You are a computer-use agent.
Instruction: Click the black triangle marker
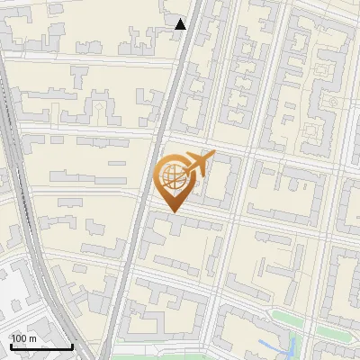pos(181,24)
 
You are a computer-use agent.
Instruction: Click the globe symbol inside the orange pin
pos(171,178)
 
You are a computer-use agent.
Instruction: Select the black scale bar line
pos(41,347)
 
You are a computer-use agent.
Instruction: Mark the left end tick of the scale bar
pos(11,346)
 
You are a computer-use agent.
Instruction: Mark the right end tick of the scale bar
pos(72,346)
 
